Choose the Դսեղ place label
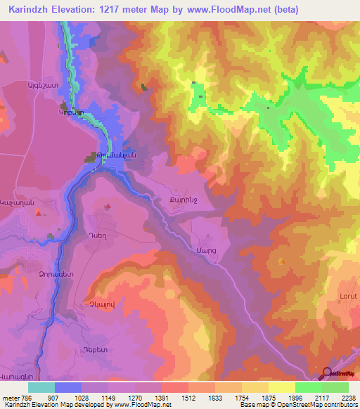tap(97, 236)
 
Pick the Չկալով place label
tap(98, 304)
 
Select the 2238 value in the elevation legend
tap(347, 397)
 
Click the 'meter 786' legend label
tap(14, 397)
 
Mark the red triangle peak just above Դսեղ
tap(108, 207)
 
